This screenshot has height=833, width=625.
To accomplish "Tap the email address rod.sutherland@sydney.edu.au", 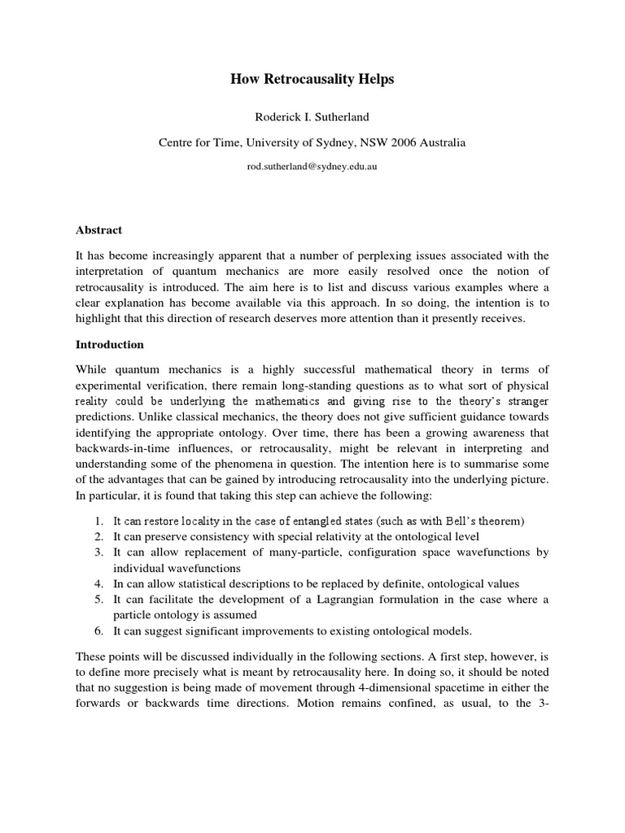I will tap(312, 166).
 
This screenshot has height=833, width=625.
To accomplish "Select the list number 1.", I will tap(97, 521).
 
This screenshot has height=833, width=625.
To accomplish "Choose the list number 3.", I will tap(97, 552).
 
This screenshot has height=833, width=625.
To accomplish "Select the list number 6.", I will tap(97, 630).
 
